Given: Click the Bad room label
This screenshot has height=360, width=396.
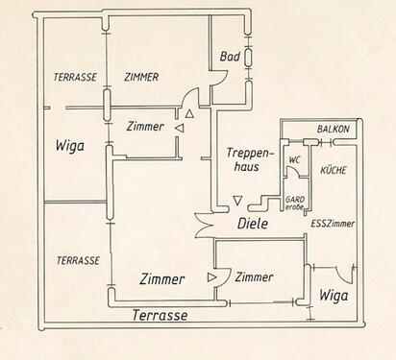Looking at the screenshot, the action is (x=230, y=57).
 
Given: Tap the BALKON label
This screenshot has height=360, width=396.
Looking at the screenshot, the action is (x=333, y=130).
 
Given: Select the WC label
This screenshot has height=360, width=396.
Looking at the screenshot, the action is (x=294, y=159).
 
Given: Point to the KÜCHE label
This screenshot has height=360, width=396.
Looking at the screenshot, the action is (x=334, y=170).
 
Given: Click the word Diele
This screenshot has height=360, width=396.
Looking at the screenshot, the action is (x=253, y=224).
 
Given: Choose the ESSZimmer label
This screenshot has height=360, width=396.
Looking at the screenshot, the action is (x=333, y=224).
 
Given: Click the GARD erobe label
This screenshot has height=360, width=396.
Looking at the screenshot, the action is (x=295, y=204).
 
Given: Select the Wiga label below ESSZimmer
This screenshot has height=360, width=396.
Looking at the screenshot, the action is (x=334, y=296).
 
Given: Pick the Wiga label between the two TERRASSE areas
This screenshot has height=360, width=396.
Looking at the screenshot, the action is (x=70, y=146).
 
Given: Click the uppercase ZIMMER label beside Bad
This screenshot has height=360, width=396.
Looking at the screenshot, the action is (x=141, y=77).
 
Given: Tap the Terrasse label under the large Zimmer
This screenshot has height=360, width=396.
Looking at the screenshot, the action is (x=160, y=316).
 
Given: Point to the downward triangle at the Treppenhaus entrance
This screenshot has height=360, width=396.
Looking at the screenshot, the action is (x=237, y=201).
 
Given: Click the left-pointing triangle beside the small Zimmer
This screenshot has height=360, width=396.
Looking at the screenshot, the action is (x=180, y=129).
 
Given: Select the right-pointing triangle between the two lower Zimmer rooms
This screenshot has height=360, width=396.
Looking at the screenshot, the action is (x=211, y=277).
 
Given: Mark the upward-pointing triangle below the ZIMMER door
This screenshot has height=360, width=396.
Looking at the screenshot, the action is (x=189, y=113).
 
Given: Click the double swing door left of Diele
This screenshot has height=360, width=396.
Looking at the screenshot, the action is (x=204, y=226).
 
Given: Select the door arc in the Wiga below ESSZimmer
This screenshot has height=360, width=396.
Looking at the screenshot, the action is (x=347, y=276).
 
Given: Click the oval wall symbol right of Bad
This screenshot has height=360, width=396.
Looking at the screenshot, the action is (x=248, y=57).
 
